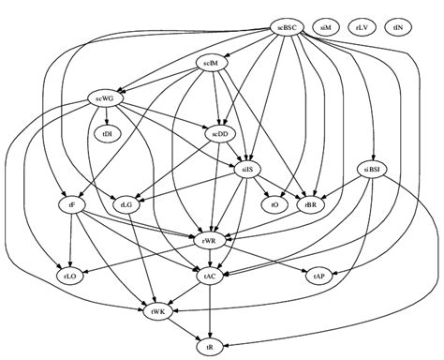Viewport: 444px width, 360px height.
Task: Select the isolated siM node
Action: pyautogui.click(x=327, y=27)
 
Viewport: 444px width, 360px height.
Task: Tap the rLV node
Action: pyautogui.click(x=363, y=27)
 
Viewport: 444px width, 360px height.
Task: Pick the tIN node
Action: pyautogui.click(x=398, y=27)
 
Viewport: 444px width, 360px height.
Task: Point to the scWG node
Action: pyautogui.click(x=103, y=97)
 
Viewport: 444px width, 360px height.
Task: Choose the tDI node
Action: pyautogui.click(x=107, y=133)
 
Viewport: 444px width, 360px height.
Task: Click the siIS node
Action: pyautogui.click(x=250, y=169)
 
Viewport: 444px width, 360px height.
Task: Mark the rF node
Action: pyautogui.click(x=72, y=203)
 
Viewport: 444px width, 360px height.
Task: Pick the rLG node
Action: pyautogui.click(x=126, y=203)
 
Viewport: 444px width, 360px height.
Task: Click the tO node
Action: pyautogui.click(x=274, y=203)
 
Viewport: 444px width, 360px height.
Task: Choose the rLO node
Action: pyautogui.click(x=72, y=276)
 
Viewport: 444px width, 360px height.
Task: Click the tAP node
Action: pyautogui.click(x=319, y=276)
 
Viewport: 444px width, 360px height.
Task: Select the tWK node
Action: pyautogui.click(x=157, y=310)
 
